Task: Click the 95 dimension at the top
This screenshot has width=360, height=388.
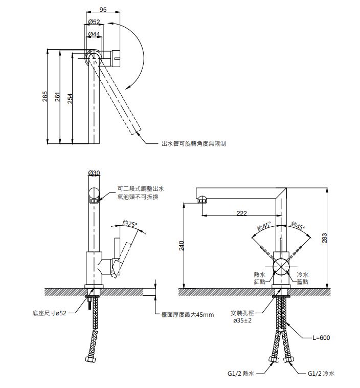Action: pos(103,9)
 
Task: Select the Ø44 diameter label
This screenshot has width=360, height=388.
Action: pos(94,34)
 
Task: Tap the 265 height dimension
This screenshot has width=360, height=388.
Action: pos(45,96)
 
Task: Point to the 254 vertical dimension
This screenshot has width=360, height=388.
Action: pos(70,98)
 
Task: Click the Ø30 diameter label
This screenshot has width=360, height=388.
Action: pos(94,173)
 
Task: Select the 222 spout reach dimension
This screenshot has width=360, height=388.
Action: pos(241,213)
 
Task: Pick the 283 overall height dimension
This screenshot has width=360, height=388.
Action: pos(324,238)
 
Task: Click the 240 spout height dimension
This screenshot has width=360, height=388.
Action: pos(182,246)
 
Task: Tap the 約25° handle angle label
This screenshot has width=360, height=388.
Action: pos(130,224)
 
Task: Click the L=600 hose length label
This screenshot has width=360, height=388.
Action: pos(321,338)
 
